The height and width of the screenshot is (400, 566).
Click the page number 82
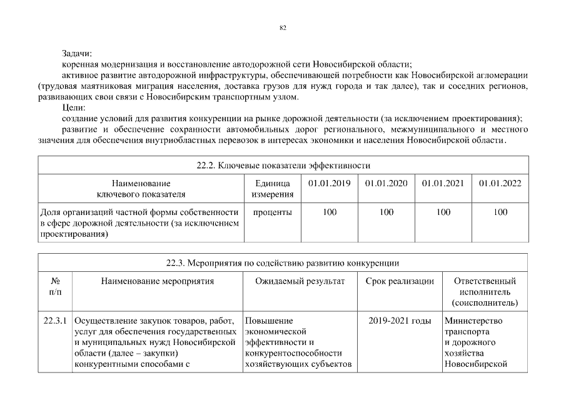pos(283,27)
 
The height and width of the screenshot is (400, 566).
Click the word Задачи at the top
pos(77,55)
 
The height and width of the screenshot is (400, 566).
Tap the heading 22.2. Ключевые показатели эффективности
pos(283,166)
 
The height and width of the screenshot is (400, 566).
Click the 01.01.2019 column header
pos(329,183)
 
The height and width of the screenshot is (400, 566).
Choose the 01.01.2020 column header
pos(386,183)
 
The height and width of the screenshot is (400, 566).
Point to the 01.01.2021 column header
pos(443,183)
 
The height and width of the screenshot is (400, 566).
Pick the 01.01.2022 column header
pos(500,183)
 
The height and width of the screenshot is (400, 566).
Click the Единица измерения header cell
pos(273,189)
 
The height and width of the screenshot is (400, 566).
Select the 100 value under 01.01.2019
pos(329,212)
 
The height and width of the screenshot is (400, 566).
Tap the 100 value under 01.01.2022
pos(500,212)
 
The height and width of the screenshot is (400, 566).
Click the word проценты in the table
pos(273,212)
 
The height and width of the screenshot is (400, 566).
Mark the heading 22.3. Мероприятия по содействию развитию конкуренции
pos(283,263)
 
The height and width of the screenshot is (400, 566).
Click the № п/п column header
pos(55,287)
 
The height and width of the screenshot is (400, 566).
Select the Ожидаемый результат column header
pos(300,281)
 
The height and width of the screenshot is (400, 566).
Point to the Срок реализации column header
pos(400,281)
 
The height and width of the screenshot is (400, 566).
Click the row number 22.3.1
pos(55,321)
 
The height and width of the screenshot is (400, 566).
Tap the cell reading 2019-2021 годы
pos(400,321)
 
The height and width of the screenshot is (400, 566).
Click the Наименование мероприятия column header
pos(158,281)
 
